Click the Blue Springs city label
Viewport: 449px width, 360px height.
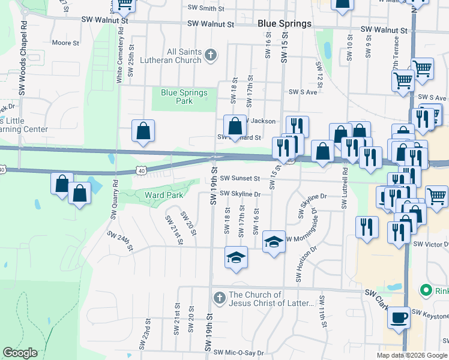(284, 23)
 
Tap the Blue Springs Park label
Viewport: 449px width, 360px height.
(184, 97)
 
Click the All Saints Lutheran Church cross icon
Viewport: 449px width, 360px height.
(210, 56)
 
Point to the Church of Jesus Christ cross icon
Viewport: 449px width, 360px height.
(219, 297)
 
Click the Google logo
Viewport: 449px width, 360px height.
(20, 353)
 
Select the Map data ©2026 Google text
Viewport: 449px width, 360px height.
(412, 355)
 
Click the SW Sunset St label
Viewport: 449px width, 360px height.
(240, 178)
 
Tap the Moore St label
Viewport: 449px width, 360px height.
(65, 43)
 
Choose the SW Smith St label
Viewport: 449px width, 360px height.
(206, 8)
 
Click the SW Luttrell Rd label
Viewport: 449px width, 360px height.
(345, 187)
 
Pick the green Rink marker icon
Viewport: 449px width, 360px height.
(426, 292)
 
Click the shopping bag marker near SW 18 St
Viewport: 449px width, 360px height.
(235, 126)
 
